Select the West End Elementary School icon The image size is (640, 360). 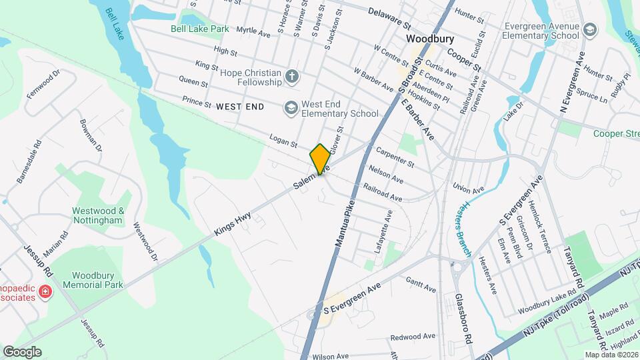[x=291, y=107]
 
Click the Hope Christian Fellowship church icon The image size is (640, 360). [x=291, y=76]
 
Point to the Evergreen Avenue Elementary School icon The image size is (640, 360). [x=589, y=30]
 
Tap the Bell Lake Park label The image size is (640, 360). [x=199, y=29]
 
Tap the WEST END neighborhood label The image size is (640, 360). [x=240, y=107]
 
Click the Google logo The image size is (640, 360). [x=22, y=351]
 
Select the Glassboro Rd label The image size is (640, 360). [x=464, y=319]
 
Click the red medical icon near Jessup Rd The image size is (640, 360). [x=45, y=291]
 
